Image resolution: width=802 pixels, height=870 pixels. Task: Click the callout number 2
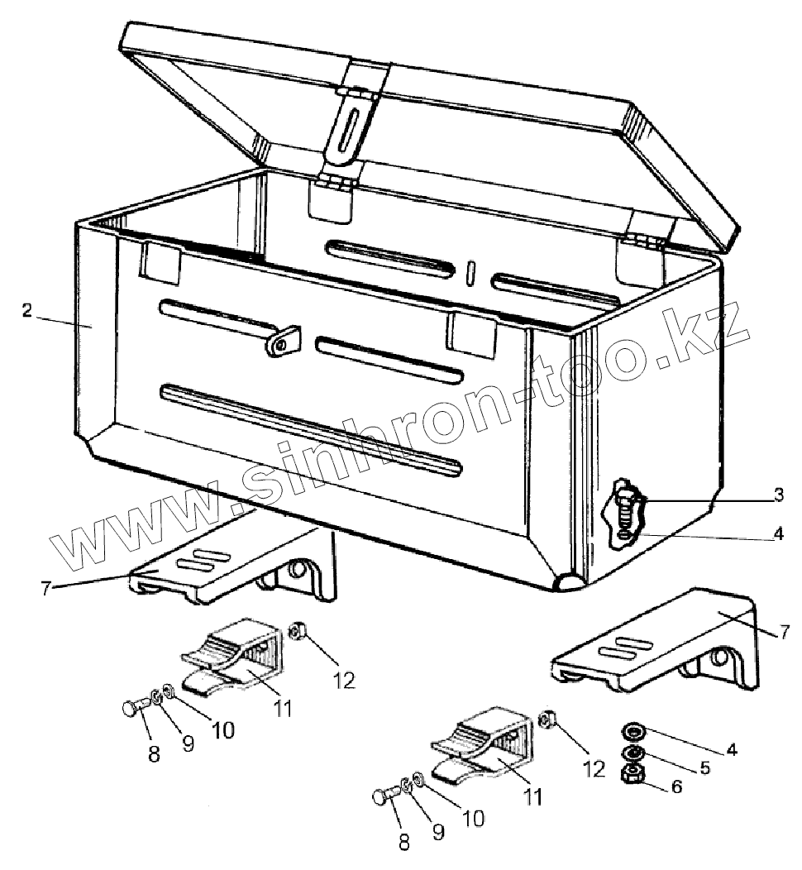(x=27, y=311)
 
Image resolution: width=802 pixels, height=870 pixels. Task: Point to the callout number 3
(x=778, y=495)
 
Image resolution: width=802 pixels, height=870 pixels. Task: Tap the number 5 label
(x=704, y=767)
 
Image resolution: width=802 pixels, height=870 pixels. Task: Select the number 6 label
(x=677, y=788)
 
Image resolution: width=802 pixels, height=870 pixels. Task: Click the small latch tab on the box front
(x=283, y=342)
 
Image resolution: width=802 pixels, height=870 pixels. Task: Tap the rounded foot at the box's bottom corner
(x=569, y=582)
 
